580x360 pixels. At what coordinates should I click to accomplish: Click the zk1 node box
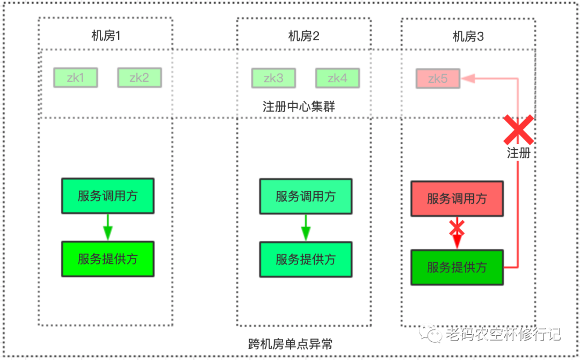[x=75, y=78]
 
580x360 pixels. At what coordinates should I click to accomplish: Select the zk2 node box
[x=139, y=78]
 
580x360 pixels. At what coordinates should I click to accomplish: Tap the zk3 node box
[x=273, y=78]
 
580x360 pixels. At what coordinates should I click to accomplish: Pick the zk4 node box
[x=337, y=78]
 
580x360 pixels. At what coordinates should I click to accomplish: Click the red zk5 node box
[x=438, y=79]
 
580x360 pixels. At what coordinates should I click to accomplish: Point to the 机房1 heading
[x=106, y=36]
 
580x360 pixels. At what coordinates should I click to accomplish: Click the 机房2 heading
[x=304, y=36]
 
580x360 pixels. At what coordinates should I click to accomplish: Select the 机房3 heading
[x=468, y=36]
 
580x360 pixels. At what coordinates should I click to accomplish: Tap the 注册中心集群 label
[x=299, y=106]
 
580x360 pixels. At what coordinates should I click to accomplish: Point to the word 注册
[x=519, y=153]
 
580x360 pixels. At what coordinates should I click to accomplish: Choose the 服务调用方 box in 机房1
[x=107, y=196]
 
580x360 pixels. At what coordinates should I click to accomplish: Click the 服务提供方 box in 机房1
[x=107, y=259]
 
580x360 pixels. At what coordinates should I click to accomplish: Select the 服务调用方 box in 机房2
[x=306, y=196]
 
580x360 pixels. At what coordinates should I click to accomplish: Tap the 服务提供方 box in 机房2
[x=306, y=260]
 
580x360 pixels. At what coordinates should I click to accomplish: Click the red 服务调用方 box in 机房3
[x=457, y=199]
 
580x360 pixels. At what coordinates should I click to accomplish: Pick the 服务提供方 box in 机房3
[x=457, y=267]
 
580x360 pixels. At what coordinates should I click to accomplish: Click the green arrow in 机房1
[x=107, y=227]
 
